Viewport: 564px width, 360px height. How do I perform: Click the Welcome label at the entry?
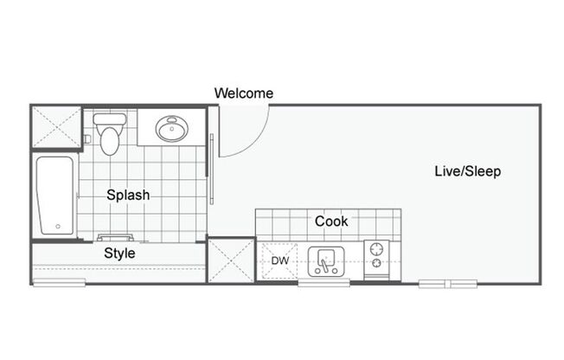click(x=243, y=93)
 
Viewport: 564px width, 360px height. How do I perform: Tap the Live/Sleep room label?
click(x=467, y=171)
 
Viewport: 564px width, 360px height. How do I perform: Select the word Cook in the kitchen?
click(x=331, y=222)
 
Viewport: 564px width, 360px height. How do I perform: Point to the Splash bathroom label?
click(x=128, y=196)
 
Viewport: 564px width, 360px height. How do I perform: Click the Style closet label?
click(x=119, y=254)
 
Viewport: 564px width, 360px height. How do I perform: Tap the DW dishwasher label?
click(x=279, y=260)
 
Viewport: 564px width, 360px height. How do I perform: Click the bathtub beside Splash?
click(x=55, y=195)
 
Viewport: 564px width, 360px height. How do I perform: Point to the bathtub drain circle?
click(x=58, y=227)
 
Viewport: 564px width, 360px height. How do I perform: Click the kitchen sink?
click(x=327, y=260)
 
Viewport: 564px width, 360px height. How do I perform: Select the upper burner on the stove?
click(x=377, y=247)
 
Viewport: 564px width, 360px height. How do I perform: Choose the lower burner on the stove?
click(x=377, y=264)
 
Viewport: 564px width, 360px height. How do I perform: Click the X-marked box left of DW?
click(x=229, y=260)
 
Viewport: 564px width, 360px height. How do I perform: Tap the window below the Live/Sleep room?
click(x=448, y=283)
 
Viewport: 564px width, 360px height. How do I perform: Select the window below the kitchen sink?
click(x=324, y=283)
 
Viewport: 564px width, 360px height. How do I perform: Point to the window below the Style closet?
click(x=60, y=283)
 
